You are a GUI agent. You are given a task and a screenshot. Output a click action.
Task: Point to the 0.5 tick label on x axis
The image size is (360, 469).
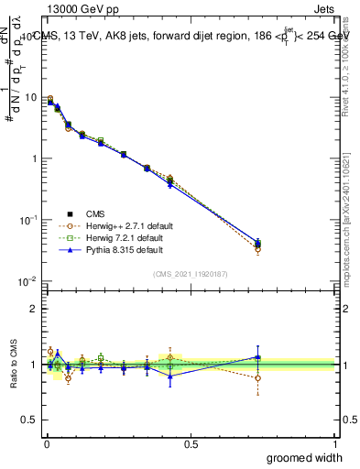click(x=191, y=444)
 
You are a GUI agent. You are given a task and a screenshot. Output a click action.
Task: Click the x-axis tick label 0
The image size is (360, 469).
click(x=46, y=444)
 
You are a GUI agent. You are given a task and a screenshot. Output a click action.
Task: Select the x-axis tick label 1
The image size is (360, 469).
click(x=334, y=444)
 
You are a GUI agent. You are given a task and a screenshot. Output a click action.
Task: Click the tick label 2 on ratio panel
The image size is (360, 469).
click(x=33, y=309)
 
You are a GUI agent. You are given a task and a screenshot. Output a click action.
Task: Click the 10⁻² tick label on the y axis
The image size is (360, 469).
click(x=28, y=281)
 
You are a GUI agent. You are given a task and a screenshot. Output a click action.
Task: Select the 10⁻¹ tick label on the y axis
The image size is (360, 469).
click(x=28, y=220)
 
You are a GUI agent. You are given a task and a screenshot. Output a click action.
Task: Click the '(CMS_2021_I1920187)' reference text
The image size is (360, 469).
click(x=190, y=273)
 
